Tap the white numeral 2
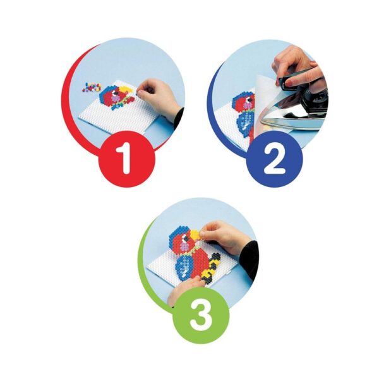(x=275, y=159)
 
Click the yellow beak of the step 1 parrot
(x=126, y=90)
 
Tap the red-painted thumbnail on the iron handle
(x=289, y=84)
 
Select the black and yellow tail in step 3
(x=210, y=268)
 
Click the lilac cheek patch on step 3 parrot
(x=185, y=246)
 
